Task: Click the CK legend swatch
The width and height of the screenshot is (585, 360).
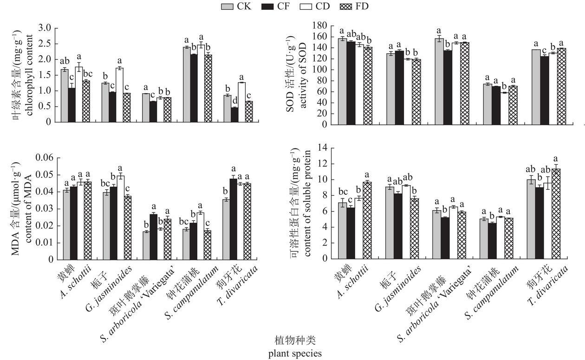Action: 227,6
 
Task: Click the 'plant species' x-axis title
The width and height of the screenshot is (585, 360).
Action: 295,354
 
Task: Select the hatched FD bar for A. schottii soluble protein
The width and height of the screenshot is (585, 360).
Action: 367,220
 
